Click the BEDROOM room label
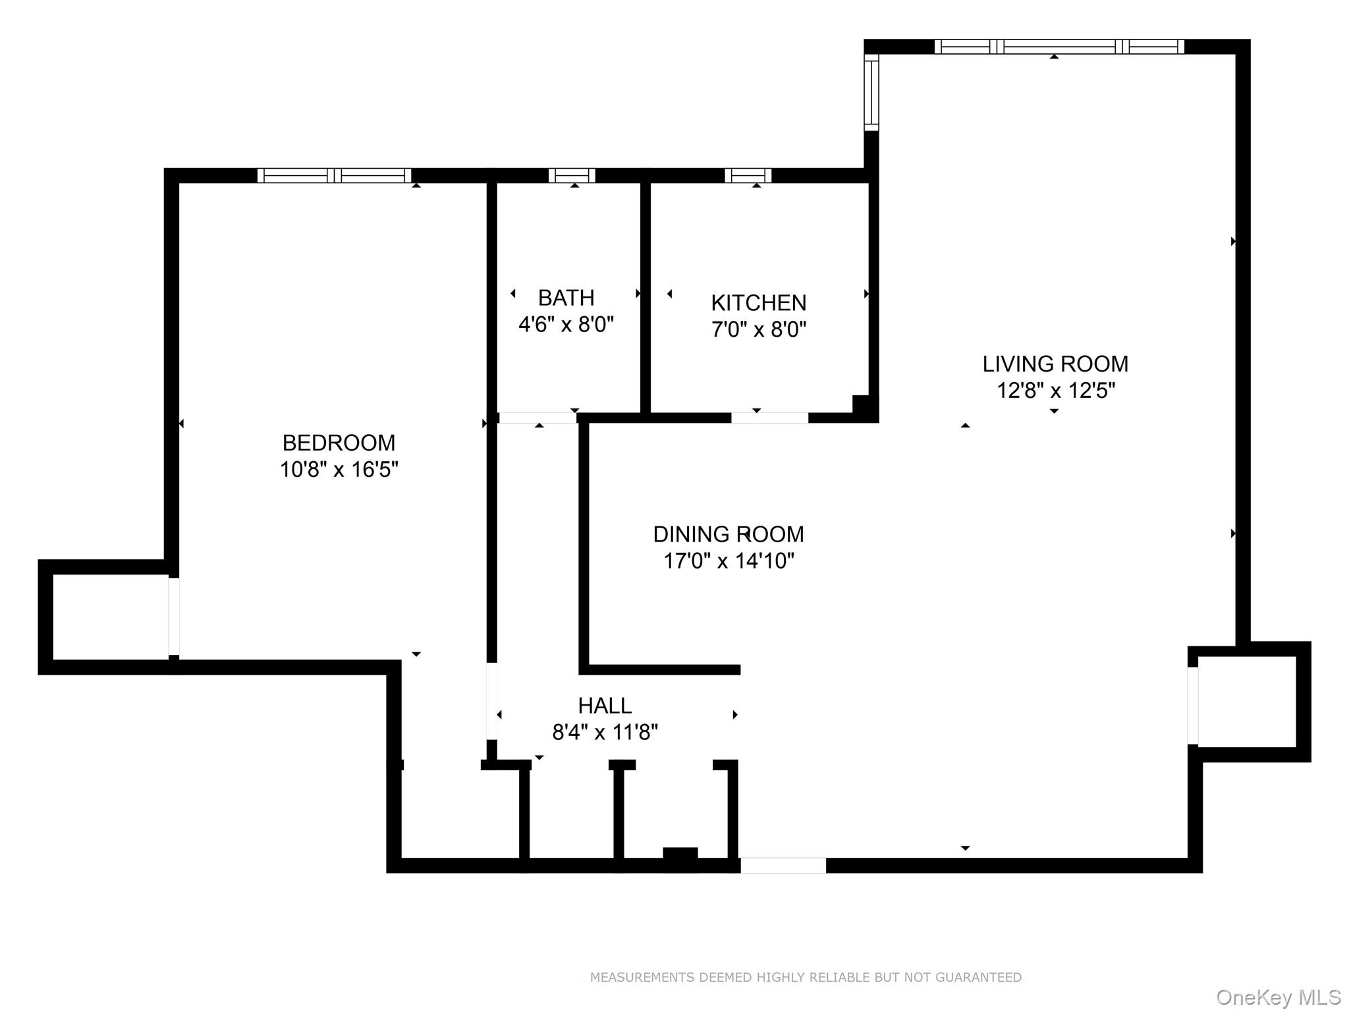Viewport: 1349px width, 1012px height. coord(339,442)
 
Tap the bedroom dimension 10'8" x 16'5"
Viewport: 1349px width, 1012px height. coord(339,470)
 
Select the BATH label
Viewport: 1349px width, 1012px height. coord(566,298)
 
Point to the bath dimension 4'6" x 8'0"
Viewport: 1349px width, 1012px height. coord(566,325)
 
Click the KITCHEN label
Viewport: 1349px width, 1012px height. coord(758,303)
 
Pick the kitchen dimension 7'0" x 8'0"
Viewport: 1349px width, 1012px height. coord(758,329)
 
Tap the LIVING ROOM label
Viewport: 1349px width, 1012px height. coord(1055,364)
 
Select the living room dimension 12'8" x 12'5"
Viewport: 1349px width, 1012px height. coord(1055,391)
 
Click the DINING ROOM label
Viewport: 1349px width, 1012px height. coord(729,534)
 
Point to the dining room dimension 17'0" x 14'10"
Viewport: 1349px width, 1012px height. coord(729,561)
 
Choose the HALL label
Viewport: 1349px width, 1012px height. coord(605,706)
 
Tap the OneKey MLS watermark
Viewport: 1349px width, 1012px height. coord(1278,998)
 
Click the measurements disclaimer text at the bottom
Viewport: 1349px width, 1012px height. coord(805,978)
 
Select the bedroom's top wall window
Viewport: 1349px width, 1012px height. coord(334,175)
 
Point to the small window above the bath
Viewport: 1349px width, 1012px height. coord(572,175)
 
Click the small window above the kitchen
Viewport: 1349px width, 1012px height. coord(748,175)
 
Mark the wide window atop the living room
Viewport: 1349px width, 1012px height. coord(1059,46)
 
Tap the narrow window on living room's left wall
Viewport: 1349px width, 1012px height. coord(871,92)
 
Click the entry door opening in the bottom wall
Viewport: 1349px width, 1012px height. coord(783,865)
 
